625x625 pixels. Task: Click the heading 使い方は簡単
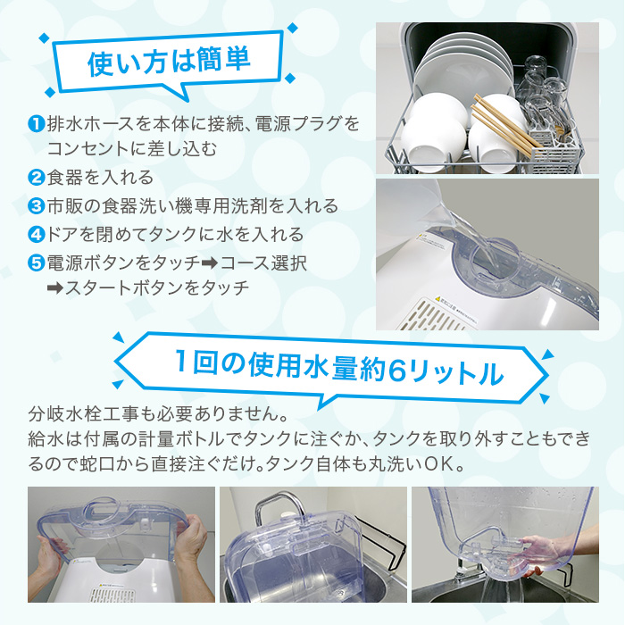point(169,62)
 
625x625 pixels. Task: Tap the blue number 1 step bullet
point(36,124)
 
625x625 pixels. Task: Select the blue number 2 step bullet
point(36,178)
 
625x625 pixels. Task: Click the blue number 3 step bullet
point(36,206)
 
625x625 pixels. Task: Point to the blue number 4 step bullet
point(36,234)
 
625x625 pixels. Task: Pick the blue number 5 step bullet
point(36,263)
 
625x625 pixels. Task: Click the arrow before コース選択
point(210,263)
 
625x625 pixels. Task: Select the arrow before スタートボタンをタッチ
point(55,288)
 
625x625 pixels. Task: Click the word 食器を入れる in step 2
point(100,178)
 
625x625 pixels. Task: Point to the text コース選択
point(263,263)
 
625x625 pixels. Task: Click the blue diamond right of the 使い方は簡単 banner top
point(293,28)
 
